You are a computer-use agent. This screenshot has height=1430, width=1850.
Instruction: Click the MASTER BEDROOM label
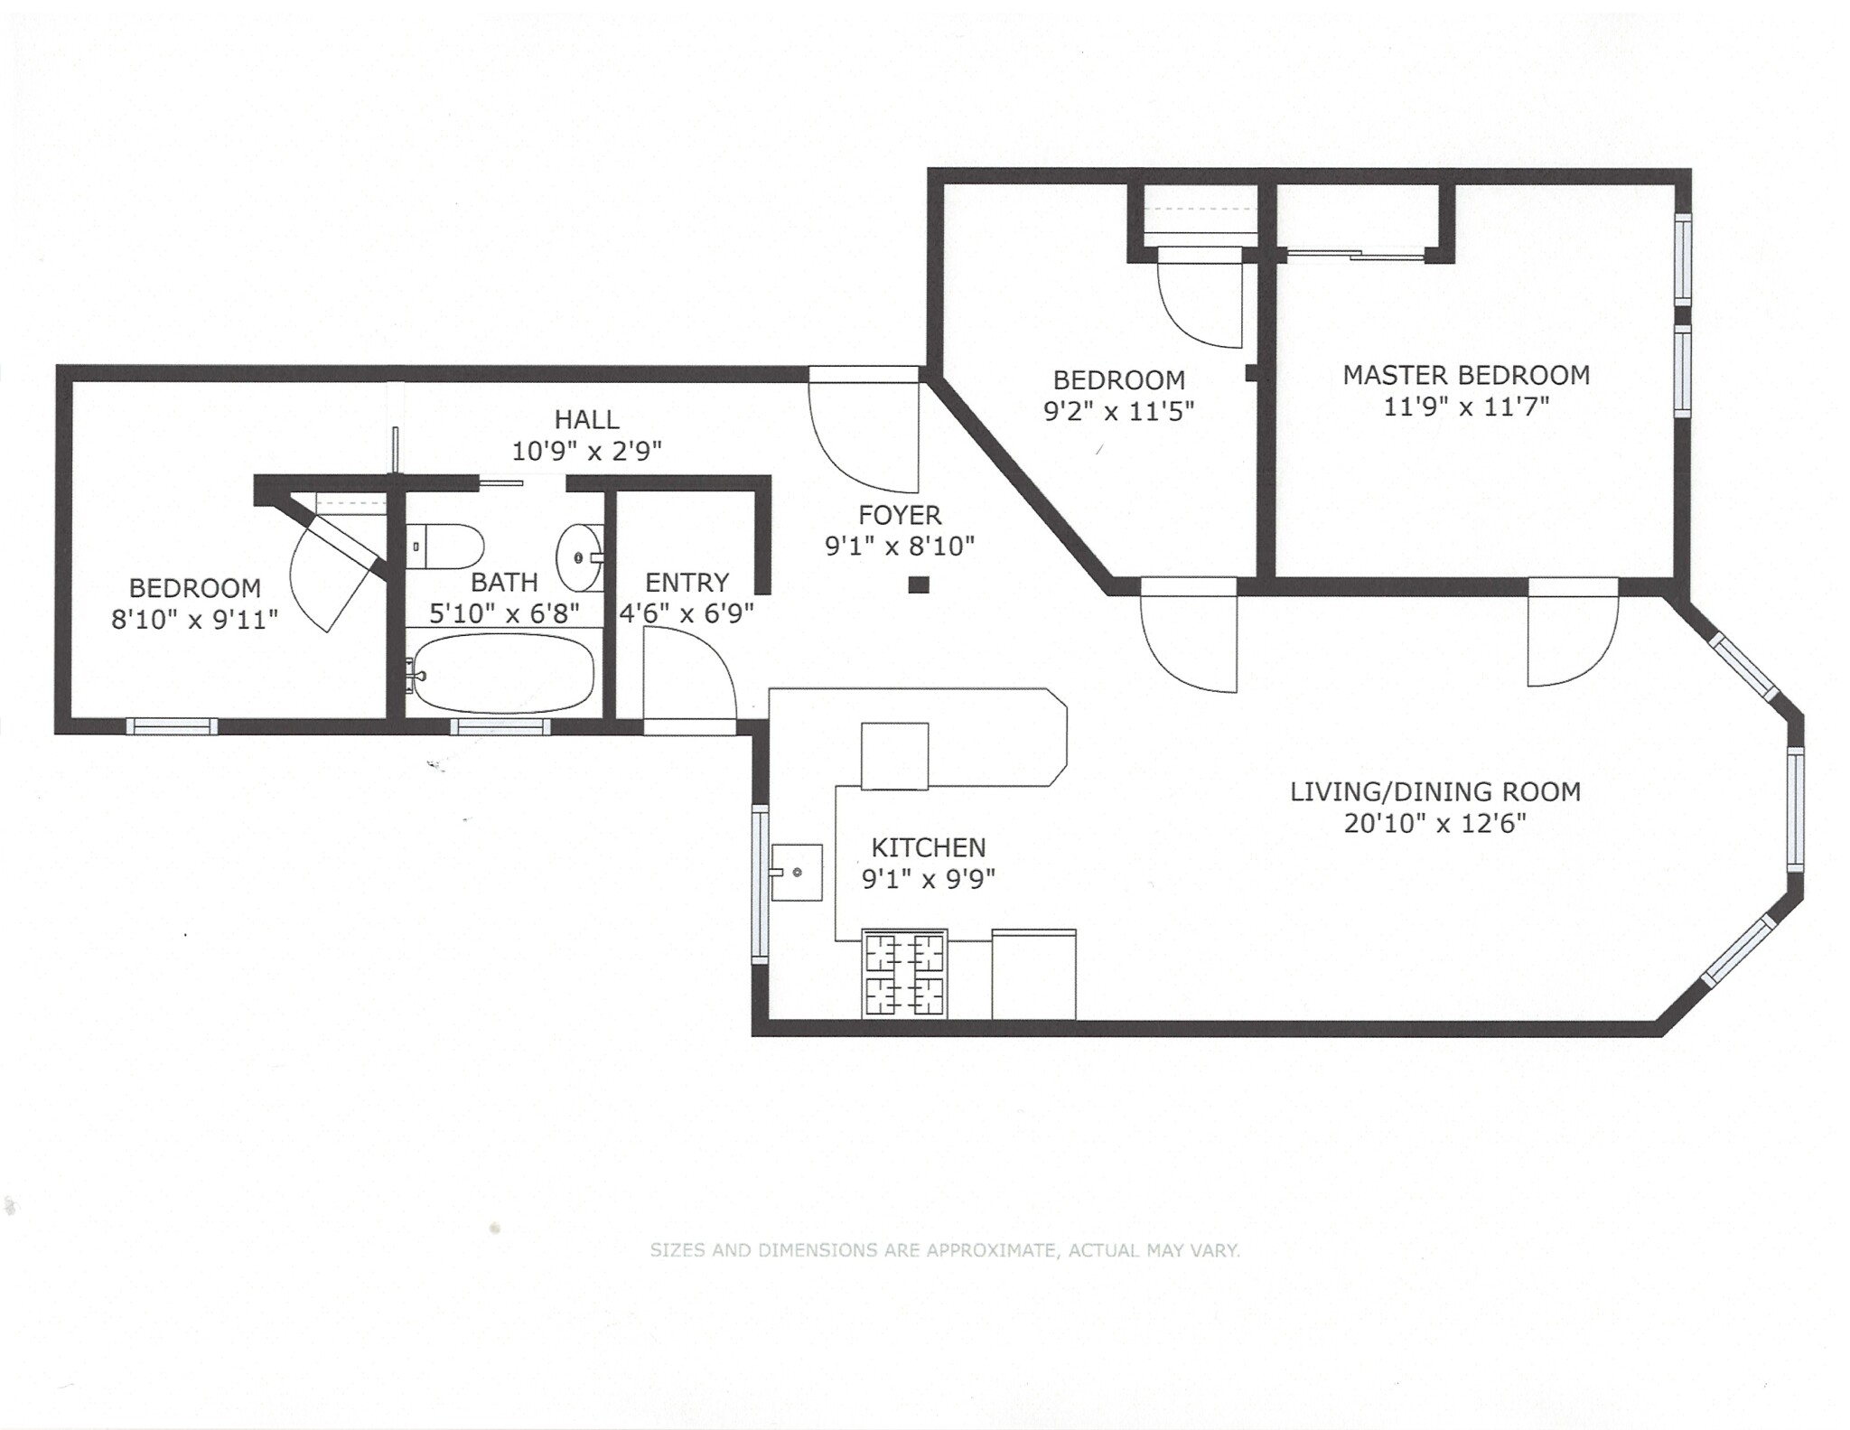1465,375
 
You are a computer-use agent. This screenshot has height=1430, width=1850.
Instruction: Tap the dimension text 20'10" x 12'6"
1434,824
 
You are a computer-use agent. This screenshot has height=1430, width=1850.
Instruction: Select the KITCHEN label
928,847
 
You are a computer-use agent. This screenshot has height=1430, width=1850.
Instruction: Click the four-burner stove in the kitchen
904,974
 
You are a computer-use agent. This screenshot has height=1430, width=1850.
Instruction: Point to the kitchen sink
796,873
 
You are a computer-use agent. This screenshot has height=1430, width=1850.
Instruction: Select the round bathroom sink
578,557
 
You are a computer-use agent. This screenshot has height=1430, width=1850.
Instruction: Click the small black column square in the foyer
919,584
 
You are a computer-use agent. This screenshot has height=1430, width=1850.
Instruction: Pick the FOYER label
900,515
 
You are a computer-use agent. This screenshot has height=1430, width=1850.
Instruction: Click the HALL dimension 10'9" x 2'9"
586,451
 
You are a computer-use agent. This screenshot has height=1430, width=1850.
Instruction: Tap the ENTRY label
687,583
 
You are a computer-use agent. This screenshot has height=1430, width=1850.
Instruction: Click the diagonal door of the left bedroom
334,569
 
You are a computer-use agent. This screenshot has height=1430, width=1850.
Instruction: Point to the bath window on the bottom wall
500,726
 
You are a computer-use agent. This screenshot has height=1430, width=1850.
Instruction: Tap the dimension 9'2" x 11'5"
1118,412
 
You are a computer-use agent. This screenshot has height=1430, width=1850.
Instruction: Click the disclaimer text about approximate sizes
945,1250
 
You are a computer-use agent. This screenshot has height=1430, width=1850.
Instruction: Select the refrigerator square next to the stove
1033,974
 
